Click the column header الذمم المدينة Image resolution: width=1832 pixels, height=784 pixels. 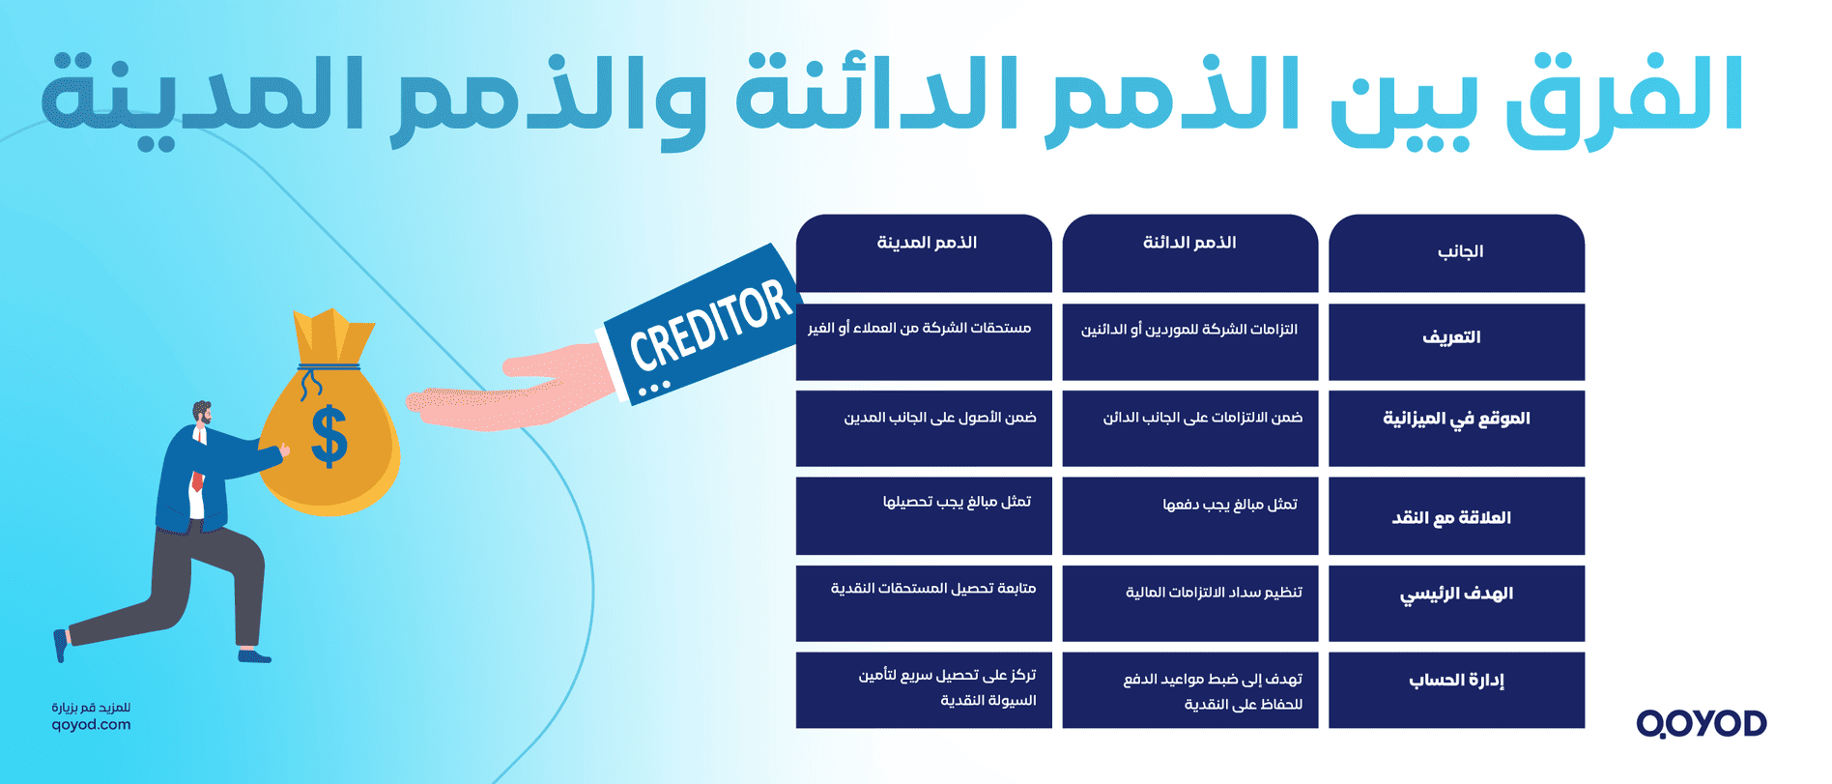click(926, 244)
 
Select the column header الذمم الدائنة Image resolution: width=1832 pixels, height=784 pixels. click(1189, 244)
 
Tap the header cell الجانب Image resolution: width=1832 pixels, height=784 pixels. click(1459, 252)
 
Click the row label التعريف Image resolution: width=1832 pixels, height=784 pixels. click(1451, 337)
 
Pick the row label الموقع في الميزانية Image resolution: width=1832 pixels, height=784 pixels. click(1456, 419)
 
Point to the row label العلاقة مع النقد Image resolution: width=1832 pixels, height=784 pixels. click(1451, 518)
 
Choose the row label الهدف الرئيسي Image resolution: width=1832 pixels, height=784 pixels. click(1456, 594)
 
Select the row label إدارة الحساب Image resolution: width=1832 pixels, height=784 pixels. click(1456, 681)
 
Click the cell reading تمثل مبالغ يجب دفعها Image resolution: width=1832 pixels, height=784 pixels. click(1229, 505)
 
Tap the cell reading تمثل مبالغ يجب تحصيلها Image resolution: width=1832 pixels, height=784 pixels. click(957, 502)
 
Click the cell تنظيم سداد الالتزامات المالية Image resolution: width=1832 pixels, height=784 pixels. click(1214, 593)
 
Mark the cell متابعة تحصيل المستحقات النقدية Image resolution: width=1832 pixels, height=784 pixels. click(932, 589)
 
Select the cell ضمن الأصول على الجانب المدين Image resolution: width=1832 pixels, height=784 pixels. click(939, 418)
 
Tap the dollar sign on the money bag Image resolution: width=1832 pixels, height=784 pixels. click(329, 436)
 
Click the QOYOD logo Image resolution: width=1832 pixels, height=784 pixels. click(1701, 723)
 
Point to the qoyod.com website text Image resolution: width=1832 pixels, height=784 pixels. click(91, 725)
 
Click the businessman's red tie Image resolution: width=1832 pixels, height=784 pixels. click(198, 480)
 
